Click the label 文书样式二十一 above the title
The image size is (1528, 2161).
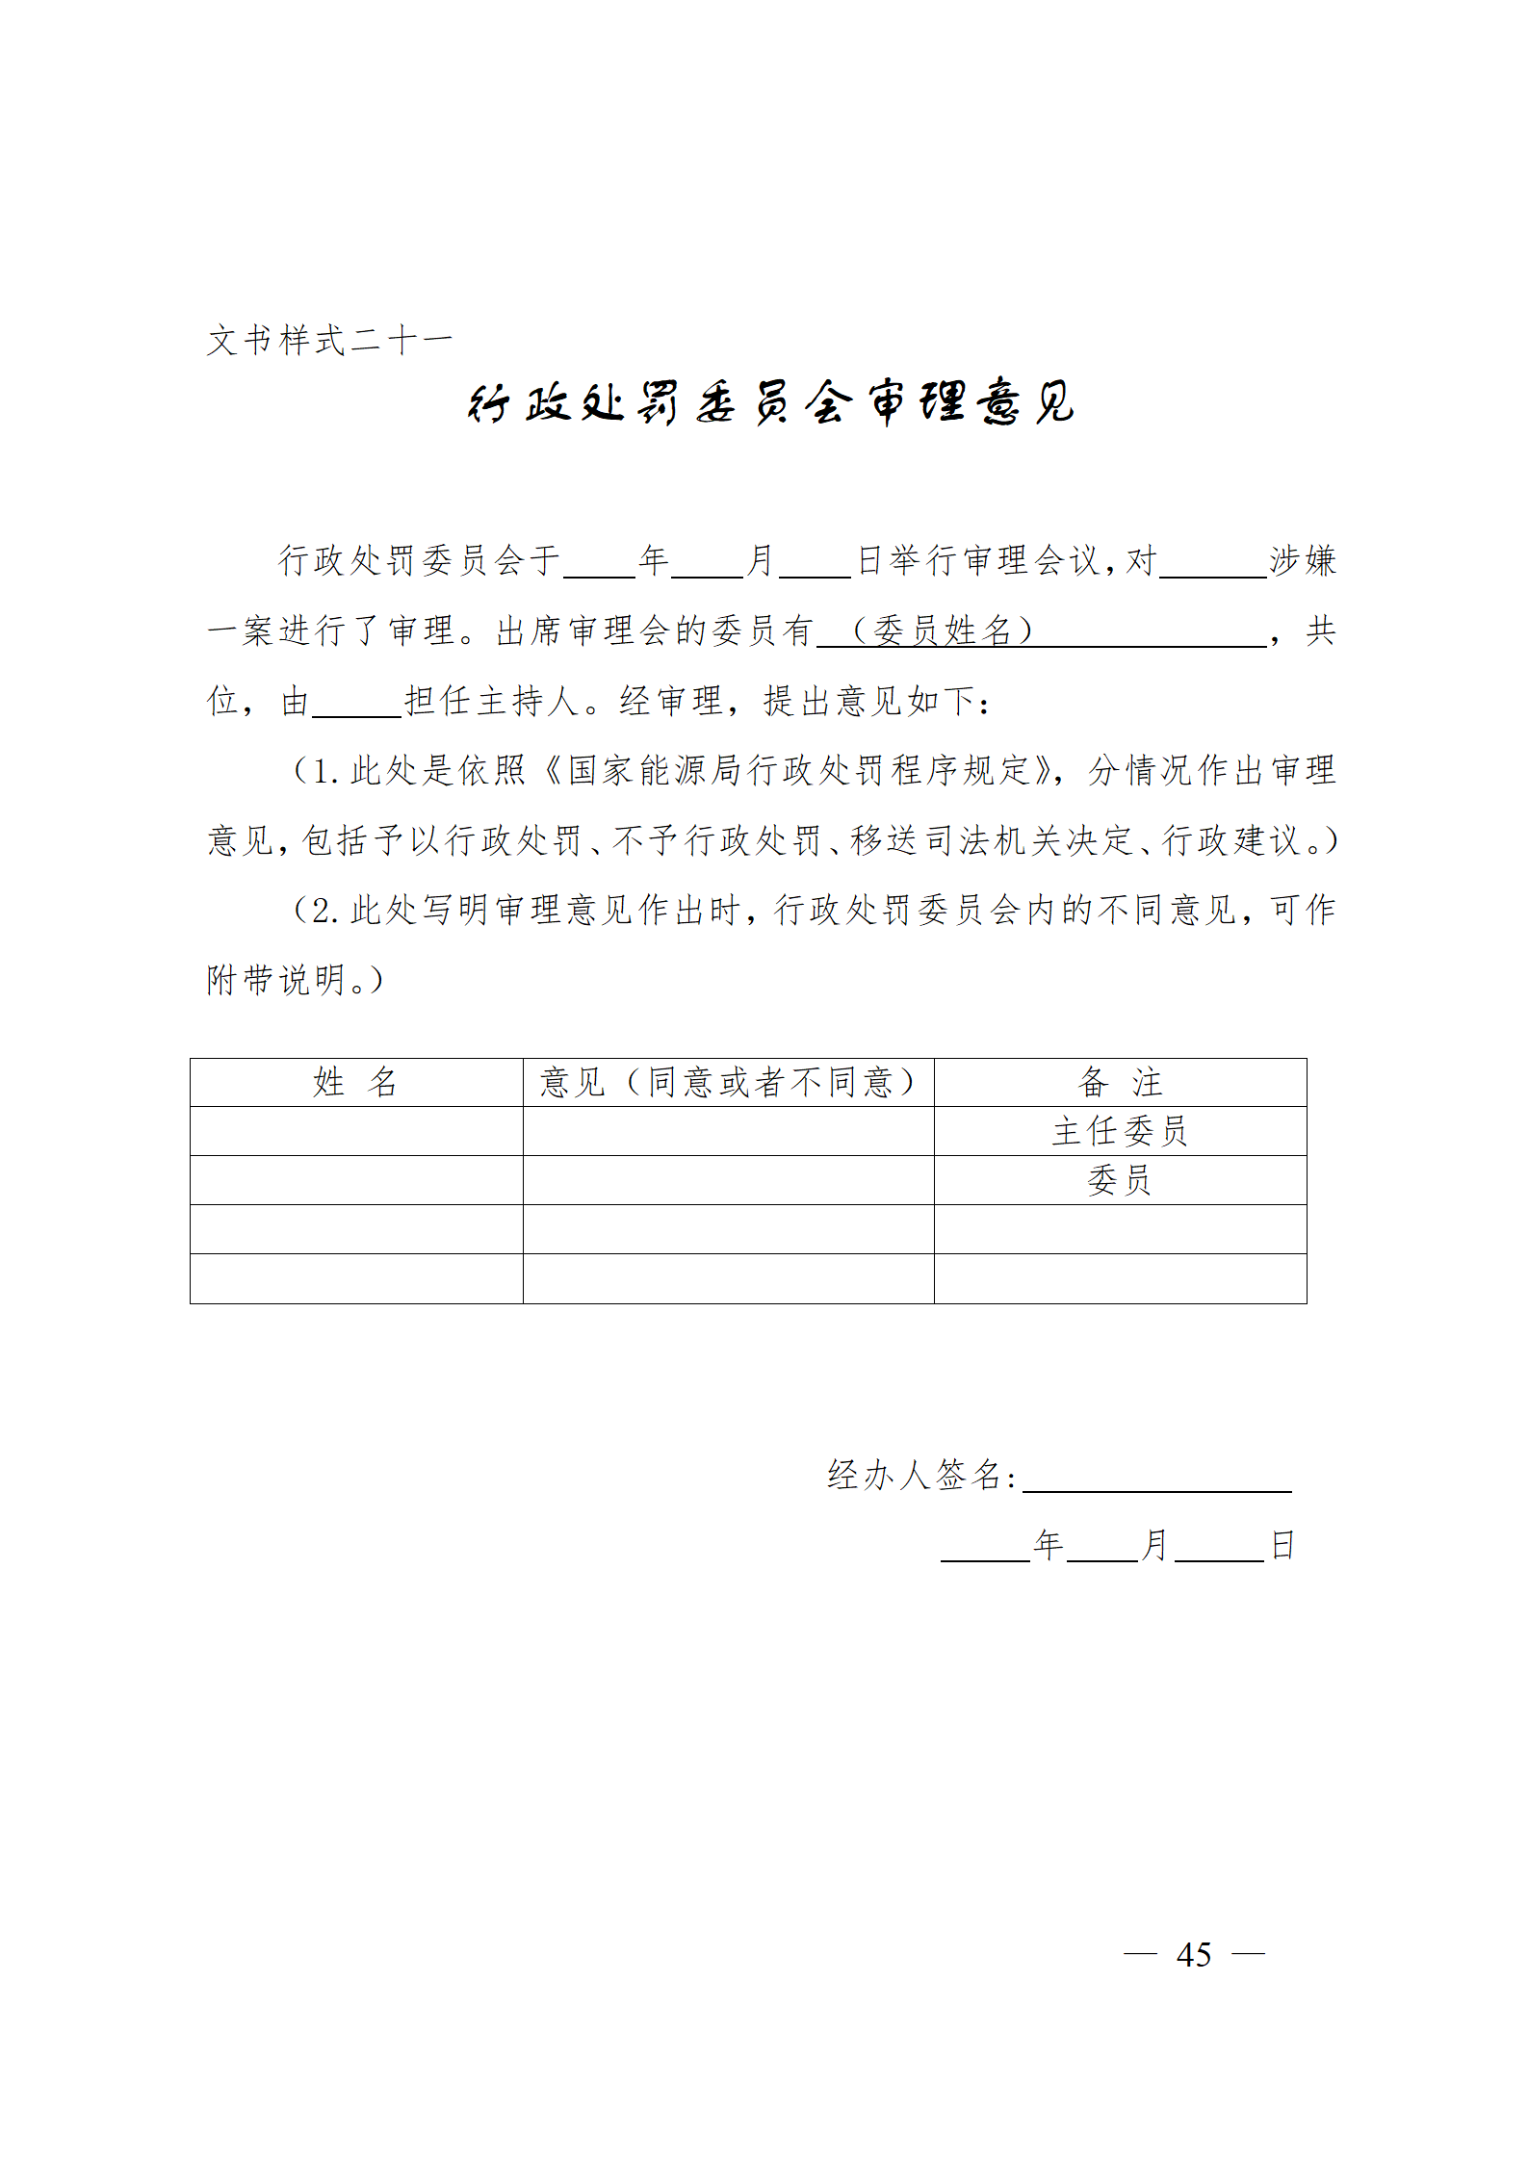(329, 340)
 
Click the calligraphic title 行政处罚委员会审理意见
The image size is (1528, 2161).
(770, 402)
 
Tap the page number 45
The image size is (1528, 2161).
(1194, 1954)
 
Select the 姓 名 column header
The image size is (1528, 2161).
(355, 1082)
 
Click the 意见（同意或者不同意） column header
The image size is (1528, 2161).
(728, 1082)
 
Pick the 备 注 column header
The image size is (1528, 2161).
(1120, 1082)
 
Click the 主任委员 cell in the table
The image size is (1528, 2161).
(1120, 1131)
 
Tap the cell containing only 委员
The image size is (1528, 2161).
(1120, 1180)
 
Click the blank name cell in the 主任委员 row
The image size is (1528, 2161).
(355, 1131)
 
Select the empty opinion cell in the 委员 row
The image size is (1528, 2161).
(728, 1180)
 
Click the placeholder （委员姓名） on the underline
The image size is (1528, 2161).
(944, 630)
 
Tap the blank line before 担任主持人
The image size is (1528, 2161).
(356, 703)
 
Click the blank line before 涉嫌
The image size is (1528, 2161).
(1213, 562)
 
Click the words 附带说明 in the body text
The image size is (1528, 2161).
(276, 980)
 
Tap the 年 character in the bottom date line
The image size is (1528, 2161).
(1048, 1546)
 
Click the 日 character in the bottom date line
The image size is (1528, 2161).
(1282, 1546)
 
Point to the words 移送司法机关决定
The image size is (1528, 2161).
(992, 840)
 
